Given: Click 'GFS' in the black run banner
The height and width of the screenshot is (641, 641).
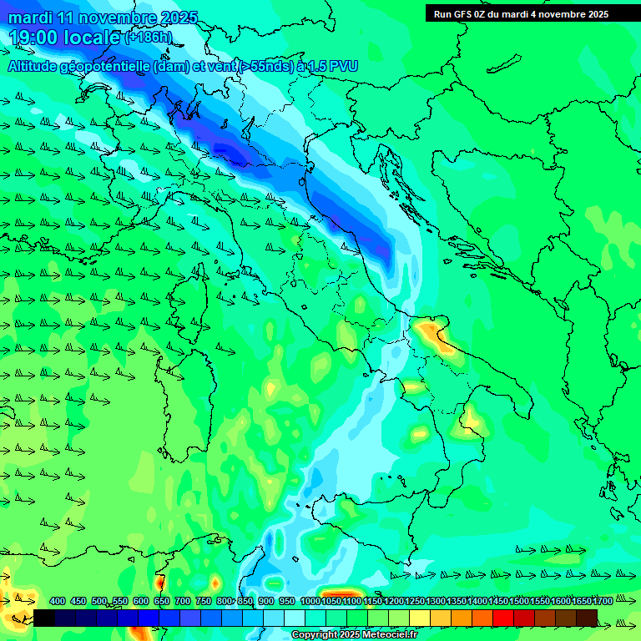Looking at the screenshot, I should [462, 14].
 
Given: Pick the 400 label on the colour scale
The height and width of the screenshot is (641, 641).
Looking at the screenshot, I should [58, 601].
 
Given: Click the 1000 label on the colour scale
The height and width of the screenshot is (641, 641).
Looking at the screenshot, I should [310, 601].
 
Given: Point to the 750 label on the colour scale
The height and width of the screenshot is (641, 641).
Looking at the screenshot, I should [204, 601].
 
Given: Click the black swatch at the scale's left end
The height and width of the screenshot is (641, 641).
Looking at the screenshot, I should [44, 618].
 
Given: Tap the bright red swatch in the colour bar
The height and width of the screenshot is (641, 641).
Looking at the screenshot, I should [503, 618].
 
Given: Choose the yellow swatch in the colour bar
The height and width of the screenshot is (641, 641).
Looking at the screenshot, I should [420, 618].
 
